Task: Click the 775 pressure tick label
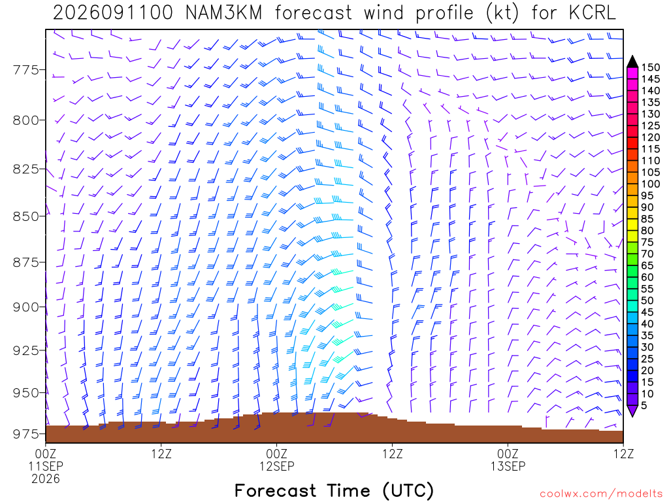26,69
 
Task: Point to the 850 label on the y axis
26,216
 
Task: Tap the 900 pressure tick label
26,307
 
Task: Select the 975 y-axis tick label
26,434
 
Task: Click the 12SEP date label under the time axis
277,465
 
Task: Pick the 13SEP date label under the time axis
508,465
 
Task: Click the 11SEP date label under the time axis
46,465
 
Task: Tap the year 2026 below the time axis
46,479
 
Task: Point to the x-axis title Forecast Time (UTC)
334,491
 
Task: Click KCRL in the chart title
592,13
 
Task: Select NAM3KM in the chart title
223,13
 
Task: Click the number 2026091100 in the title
112,13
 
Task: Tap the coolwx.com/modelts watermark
601,494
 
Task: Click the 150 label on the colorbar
651,67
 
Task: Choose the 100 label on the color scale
651,184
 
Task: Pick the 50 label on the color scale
647,301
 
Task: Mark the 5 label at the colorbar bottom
644,405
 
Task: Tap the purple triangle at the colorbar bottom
632,410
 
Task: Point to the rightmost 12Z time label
623,454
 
